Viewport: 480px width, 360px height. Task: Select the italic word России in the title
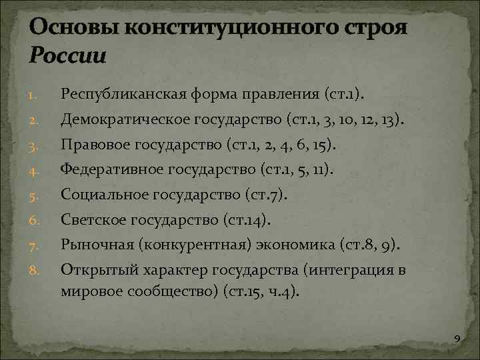point(67,55)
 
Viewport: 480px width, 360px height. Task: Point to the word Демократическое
point(119,120)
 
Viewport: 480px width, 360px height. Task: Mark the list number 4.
point(35,171)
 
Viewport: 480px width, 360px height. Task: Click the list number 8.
point(35,270)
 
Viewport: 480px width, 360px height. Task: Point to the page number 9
point(457,341)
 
